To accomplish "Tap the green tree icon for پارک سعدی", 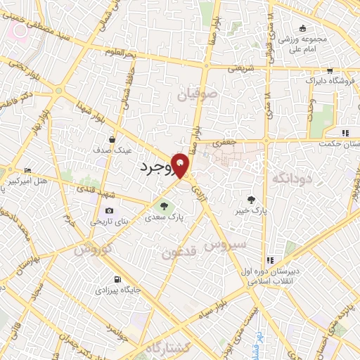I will coord(164,206).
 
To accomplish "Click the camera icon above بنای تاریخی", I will coord(109,211).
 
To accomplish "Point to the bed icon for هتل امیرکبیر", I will coord(27,170).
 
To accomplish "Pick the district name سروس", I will coord(225,244).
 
